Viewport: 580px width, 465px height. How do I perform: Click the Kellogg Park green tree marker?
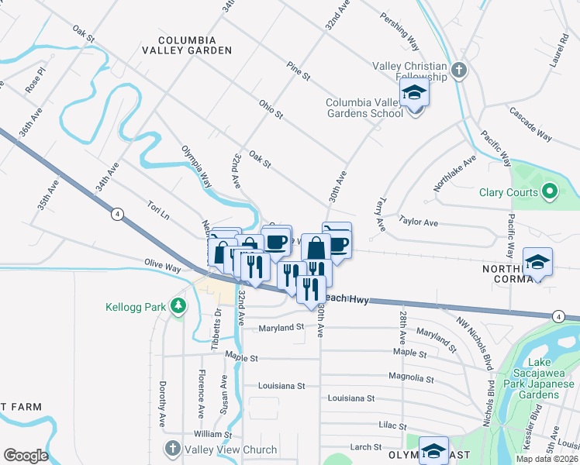point(179,306)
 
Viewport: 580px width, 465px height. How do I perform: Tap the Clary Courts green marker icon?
point(550,191)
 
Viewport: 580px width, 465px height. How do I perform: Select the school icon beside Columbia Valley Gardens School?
point(415,95)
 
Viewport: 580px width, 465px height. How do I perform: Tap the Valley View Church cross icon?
point(172,449)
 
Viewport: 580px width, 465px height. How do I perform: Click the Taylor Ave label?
point(418,222)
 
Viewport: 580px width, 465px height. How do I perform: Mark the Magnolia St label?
point(411,379)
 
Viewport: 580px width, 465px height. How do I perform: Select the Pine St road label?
point(298,72)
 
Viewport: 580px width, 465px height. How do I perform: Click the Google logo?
point(26,455)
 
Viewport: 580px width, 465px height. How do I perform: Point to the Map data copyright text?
point(547,459)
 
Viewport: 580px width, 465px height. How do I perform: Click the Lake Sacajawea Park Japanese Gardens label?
point(540,379)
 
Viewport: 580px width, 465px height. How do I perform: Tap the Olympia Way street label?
point(196,167)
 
